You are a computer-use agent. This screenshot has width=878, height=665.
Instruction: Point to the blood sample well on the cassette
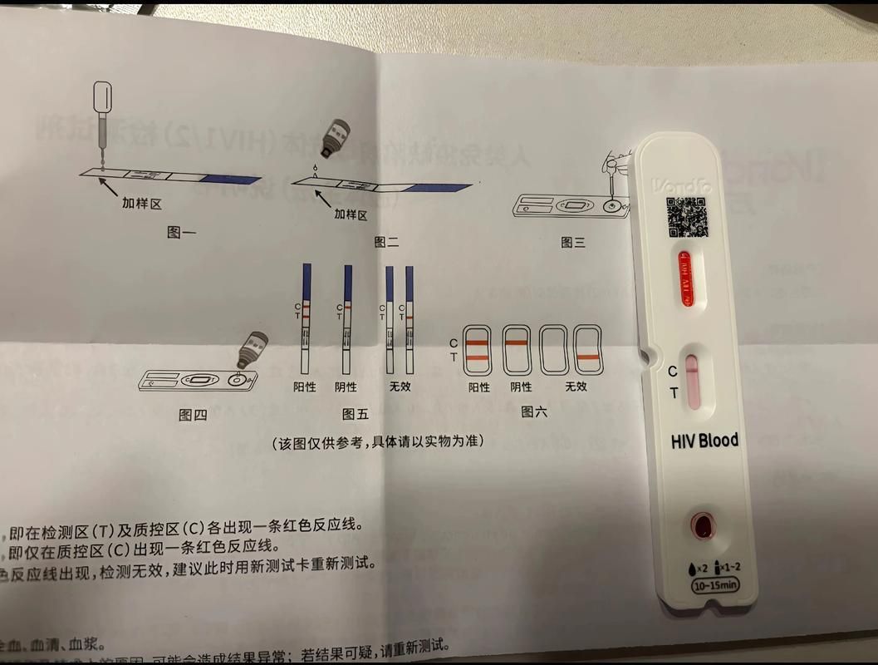coord(703,525)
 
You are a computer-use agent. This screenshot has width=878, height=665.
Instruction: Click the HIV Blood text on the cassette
coord(704,441)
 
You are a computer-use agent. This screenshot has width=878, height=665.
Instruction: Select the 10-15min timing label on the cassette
coord(714,585)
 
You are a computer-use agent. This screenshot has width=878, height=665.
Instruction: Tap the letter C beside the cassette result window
coord(673,371)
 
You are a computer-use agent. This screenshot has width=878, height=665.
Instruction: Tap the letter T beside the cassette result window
coord(674,392)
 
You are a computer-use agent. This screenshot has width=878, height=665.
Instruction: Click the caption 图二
coord(386,243)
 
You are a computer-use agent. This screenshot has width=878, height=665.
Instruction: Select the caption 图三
coord(573,242)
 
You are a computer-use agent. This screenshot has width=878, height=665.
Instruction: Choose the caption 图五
coord(355,413)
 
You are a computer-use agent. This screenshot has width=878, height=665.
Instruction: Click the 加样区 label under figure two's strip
coord(351,214)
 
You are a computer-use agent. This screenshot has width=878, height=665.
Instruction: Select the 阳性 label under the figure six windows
coord(479,387)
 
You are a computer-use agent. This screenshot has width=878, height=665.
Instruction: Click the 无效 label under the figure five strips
coord(400,387)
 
